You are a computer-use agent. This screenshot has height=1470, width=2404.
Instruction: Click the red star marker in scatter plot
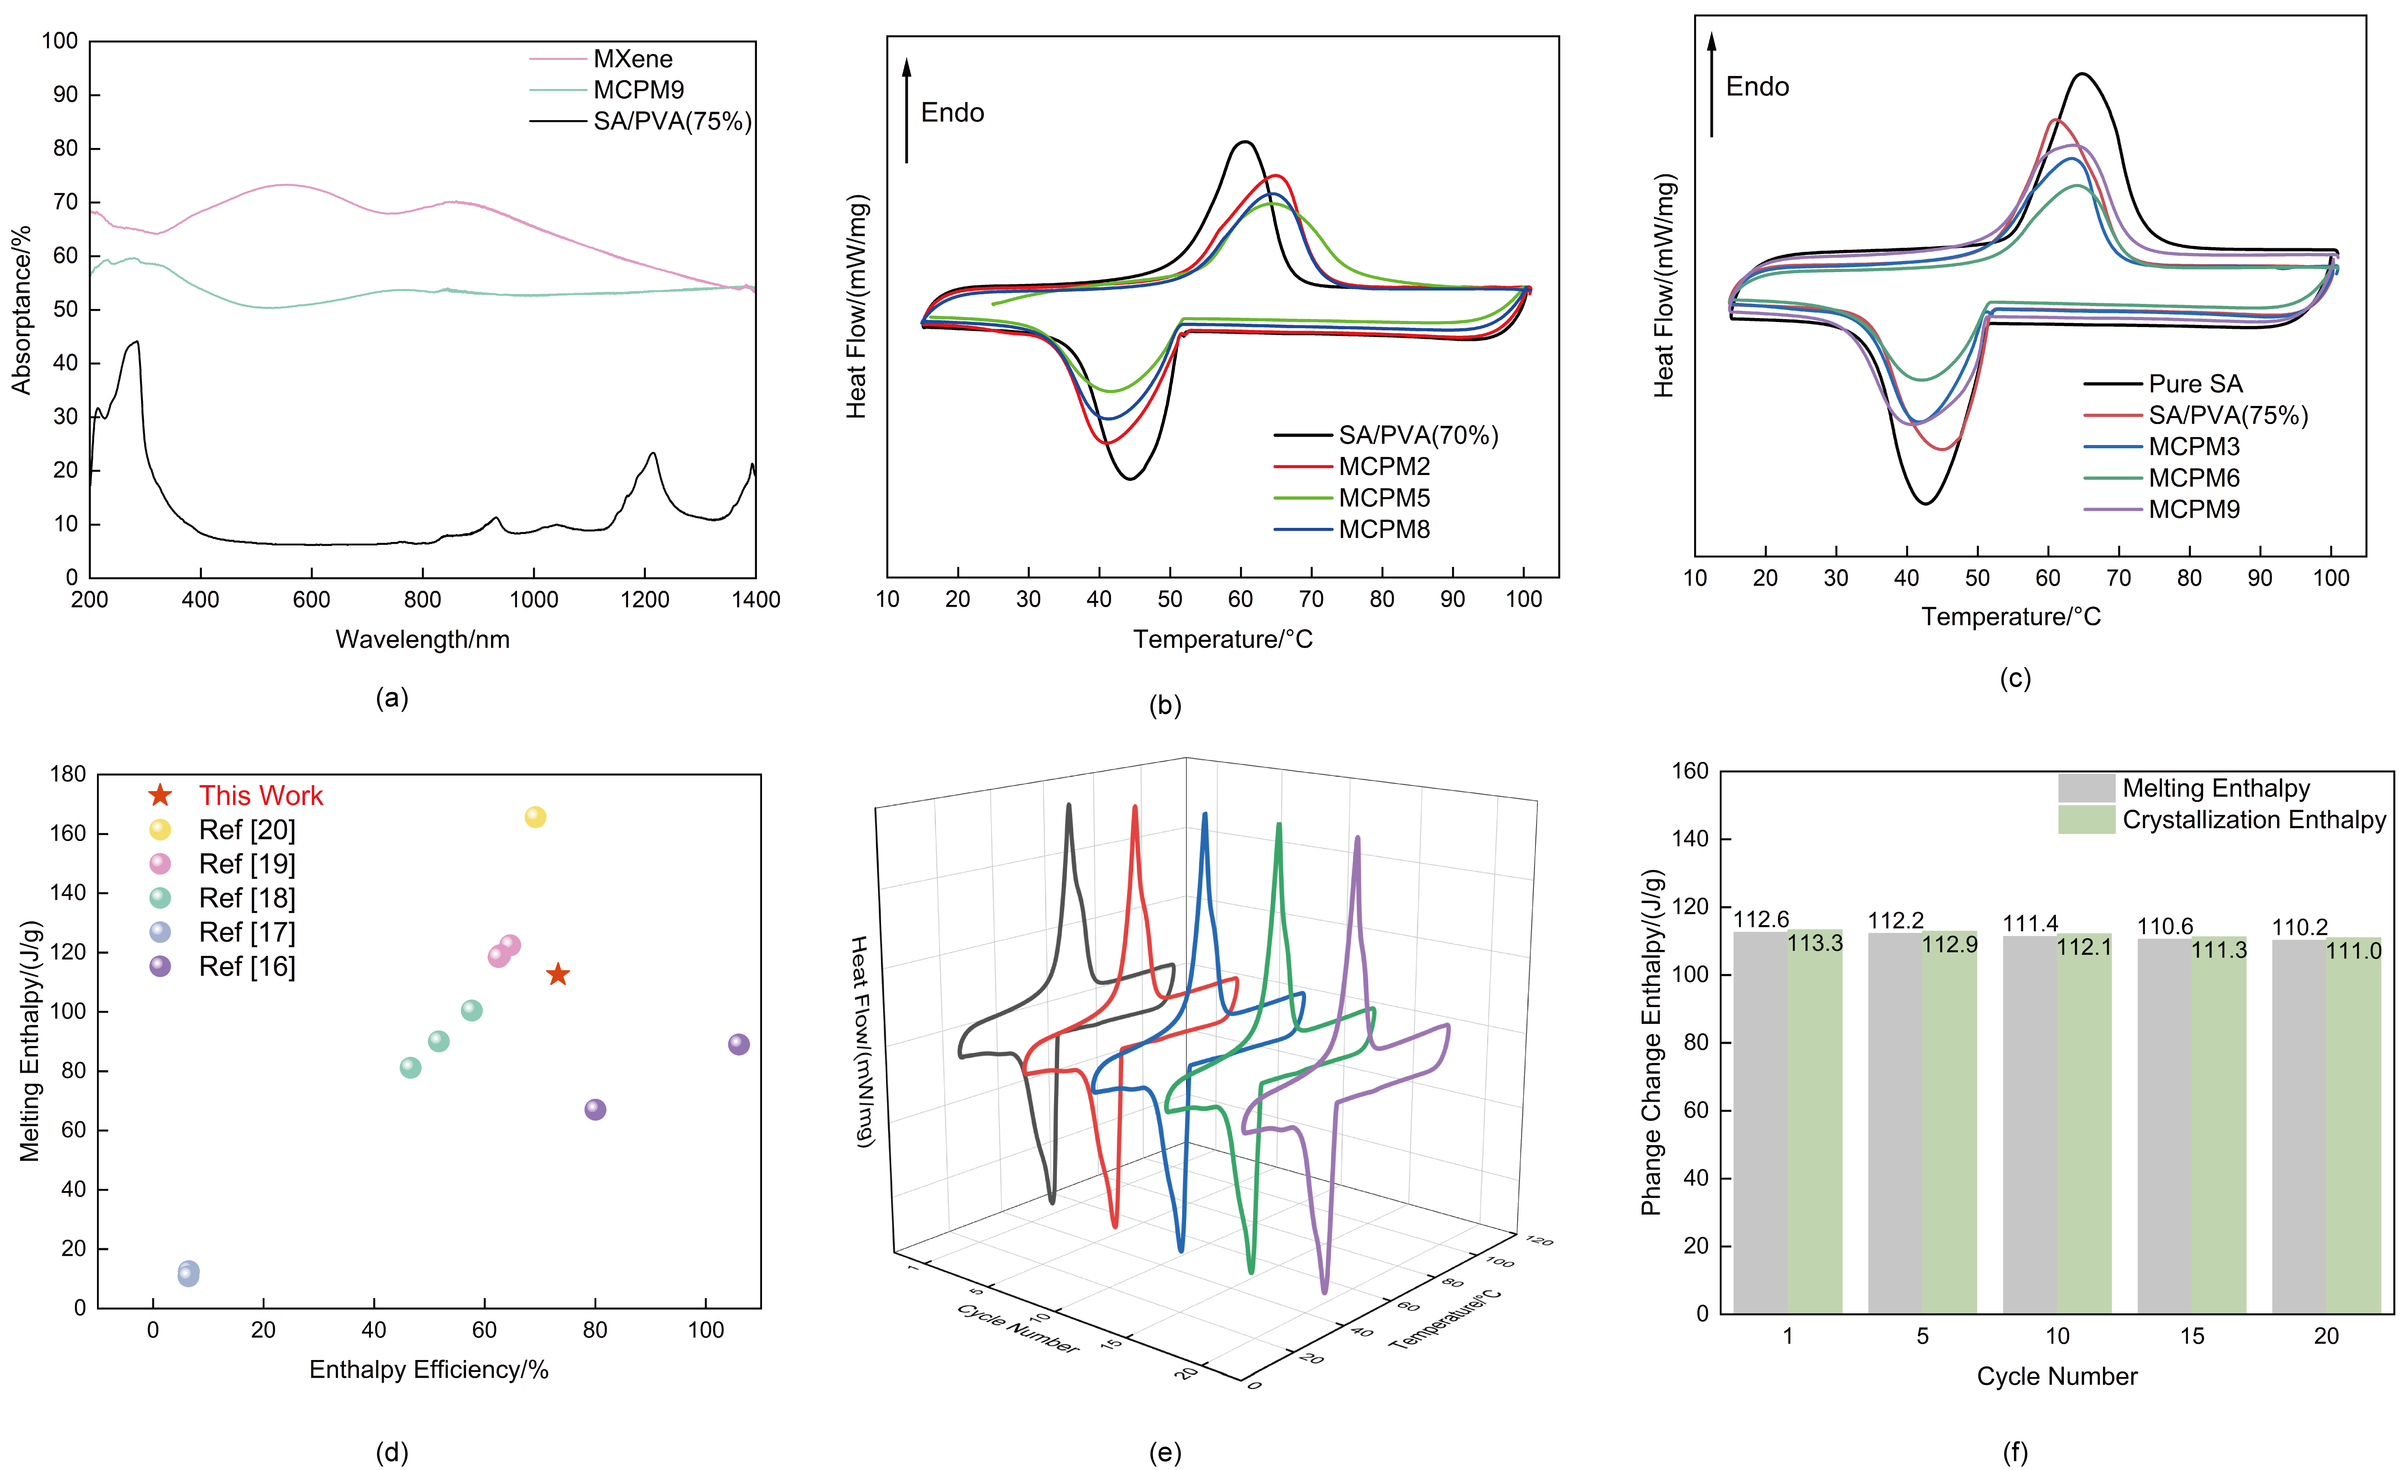(x=557, y=974)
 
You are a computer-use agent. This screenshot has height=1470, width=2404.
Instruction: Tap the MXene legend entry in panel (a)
(x=632, y=59)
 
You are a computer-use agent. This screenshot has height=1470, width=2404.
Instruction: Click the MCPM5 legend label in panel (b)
(x=1384, y=499)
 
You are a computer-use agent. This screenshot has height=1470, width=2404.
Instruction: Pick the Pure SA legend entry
(x=2195, y=384)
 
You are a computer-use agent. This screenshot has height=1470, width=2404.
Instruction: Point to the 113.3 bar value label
(x=1815, y=943)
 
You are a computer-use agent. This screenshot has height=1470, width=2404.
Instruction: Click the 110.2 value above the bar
(x=2299, y=927)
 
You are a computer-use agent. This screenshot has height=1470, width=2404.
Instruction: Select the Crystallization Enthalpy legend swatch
(x=2086, y=819)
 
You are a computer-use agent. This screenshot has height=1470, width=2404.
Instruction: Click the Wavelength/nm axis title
(x=423, y=640)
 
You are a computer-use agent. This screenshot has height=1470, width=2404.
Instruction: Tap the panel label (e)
(x=1165, y=1453)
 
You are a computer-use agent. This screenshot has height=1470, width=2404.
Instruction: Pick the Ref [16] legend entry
(x=247, y=967)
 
